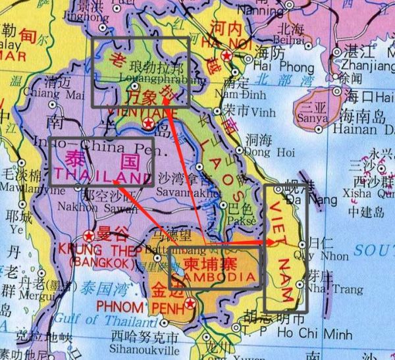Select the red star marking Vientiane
[x=149, y=124]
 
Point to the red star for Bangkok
[x=90, y=235]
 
